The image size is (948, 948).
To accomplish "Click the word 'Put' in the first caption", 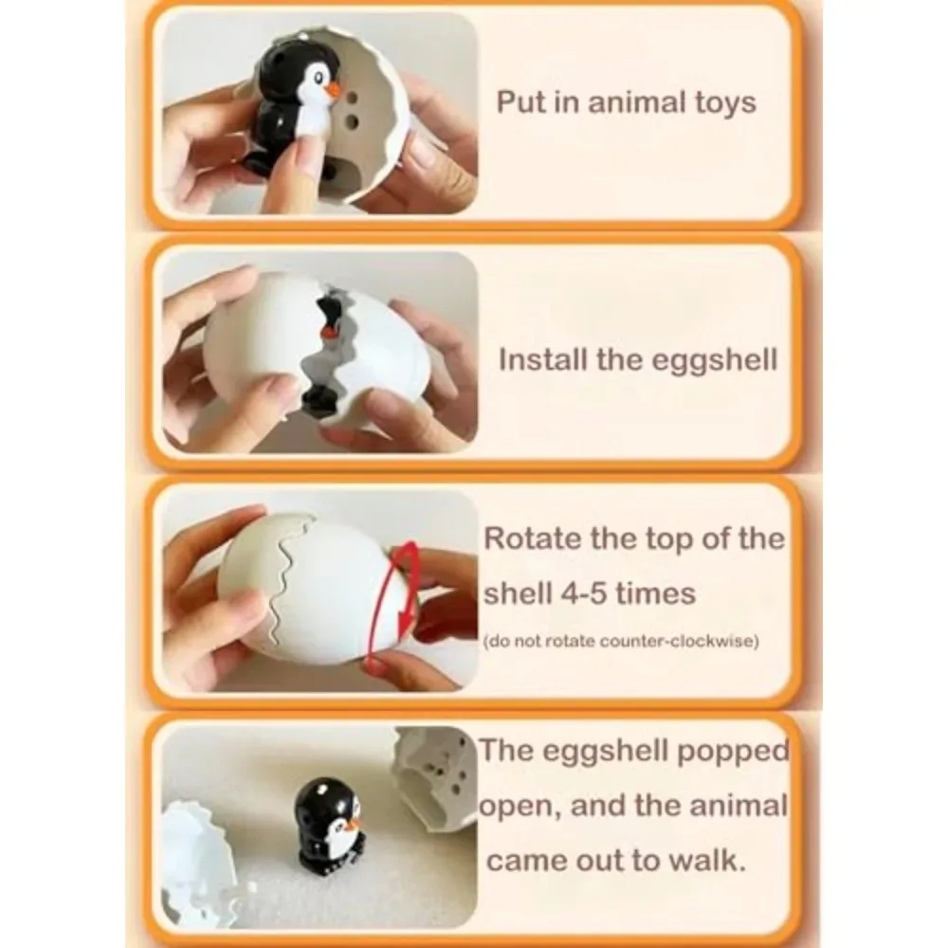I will (520, 102).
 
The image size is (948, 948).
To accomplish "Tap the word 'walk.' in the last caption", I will (717, 860).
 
